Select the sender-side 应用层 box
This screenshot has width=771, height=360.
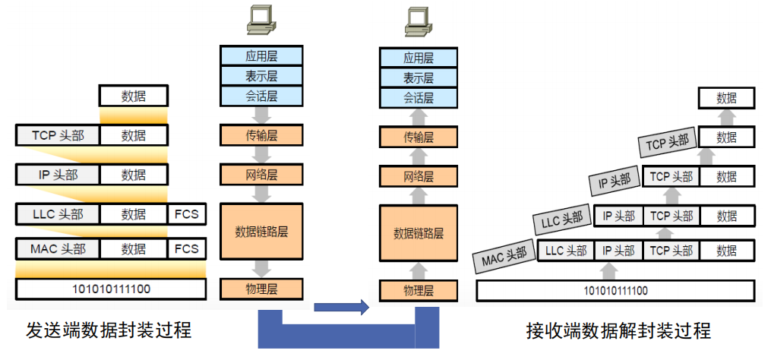pos(261,56)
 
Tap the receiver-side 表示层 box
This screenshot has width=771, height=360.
pos(419,77)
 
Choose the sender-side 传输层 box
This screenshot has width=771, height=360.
pos(261,137)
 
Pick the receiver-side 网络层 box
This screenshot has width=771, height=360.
pos(419,176)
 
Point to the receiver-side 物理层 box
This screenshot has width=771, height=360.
pos(419,290)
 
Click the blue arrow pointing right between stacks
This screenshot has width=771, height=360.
pos(340,307)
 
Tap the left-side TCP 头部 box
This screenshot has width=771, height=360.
pos(58,136)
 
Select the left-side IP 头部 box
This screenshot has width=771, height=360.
pos(58,175)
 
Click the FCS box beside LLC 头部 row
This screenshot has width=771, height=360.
pos(187,214)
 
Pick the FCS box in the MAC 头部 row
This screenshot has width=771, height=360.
pos(187,248)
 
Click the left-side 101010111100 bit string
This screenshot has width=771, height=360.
pos(111,289)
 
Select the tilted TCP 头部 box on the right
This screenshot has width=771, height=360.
pos(667,142)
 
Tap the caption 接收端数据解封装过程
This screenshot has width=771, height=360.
pos(618,331)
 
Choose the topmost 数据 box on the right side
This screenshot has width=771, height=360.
pos(727,98)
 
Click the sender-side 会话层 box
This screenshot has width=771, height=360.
pos(261,96)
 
